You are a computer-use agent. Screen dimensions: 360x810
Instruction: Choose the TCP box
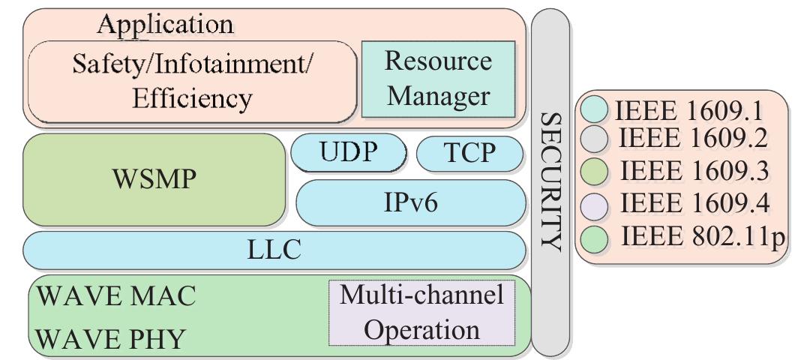469,152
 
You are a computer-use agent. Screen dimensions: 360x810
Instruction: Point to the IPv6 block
411,202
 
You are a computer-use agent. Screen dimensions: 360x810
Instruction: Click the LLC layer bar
274,250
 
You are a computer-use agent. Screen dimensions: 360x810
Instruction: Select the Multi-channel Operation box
422,312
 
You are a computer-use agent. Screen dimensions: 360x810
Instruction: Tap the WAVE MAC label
116,296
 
